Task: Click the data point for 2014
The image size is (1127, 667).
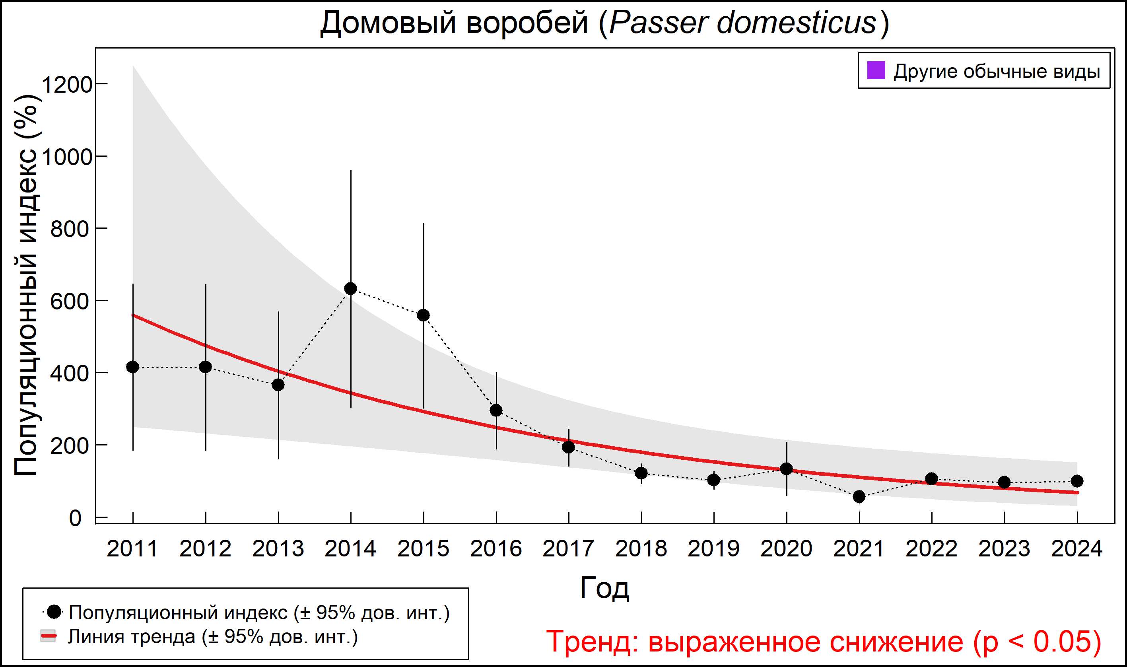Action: tap(350, 288)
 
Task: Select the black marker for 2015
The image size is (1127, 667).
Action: tap(423, 315)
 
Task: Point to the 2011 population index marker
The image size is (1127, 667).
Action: tap(132, 367)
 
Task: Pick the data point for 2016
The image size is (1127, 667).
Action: tap(496, 410)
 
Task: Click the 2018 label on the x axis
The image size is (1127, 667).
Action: tap(641, 549)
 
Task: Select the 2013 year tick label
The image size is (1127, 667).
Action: tap(278, 549)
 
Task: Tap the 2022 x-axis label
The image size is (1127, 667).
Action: tap(931, 549)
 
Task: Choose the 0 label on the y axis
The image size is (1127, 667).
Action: tap(75, 518)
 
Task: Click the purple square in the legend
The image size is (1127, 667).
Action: tap(876, 70)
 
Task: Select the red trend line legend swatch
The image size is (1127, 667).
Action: tap(48, 636)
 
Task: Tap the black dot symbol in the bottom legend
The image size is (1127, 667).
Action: tap(55, 612)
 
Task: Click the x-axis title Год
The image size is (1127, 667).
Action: tap(604, 587)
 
